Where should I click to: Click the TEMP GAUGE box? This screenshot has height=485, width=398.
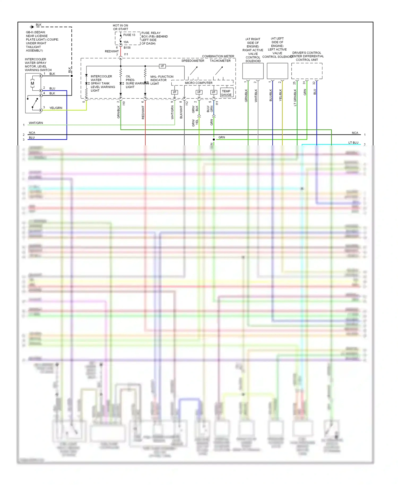tap(226, 93)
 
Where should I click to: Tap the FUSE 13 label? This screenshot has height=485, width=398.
tap(129, 35)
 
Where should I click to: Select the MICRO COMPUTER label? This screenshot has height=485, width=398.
tap(198, 83)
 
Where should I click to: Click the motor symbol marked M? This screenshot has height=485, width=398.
tap(32, 83)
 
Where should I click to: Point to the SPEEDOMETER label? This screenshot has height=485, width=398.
tap(193, 61)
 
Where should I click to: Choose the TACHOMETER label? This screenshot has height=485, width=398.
tap(220, 61)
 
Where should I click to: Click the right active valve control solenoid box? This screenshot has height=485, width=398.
tap(253, 71)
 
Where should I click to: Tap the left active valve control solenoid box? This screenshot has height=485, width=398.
tap(277, 71)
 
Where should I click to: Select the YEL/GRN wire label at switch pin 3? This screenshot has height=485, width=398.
tap(56, 108)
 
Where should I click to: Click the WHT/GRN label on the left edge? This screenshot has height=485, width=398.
tap(36, 123)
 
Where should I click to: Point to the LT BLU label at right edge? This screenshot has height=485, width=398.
tap(353, 143)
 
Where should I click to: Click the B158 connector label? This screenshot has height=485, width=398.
tap(127, 48)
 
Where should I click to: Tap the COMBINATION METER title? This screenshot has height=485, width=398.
tap(218, 56)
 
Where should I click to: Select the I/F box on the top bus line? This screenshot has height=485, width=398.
tap(162, 66)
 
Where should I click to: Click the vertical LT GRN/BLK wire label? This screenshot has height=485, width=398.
tap(295, 98)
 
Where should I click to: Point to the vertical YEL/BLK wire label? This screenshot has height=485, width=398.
tap(280, 95)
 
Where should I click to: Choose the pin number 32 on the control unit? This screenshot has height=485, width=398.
tap(314, 83)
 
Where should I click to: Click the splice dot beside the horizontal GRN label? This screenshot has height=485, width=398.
tap(214, 140)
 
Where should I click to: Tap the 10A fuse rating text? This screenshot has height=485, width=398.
tap(126, 42)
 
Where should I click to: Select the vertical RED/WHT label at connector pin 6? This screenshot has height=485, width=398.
tap(143, 112)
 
